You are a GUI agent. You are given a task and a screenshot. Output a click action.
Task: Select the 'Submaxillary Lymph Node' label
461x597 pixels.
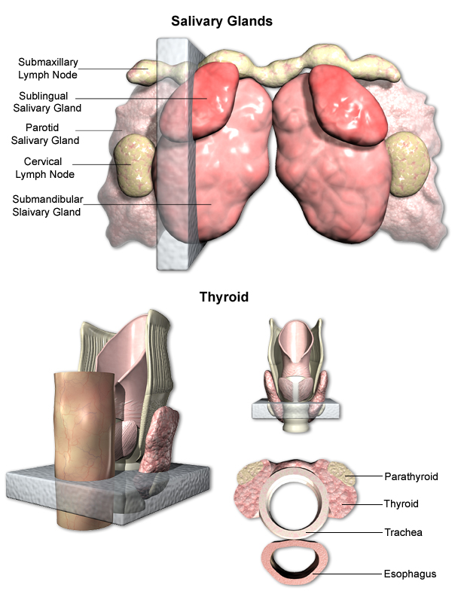pyautogui.click(x=47, y=68)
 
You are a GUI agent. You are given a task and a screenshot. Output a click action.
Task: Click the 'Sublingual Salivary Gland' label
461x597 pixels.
pyautogui.click(x=45, y=102)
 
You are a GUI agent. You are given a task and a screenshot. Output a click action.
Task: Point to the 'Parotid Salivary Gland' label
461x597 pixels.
pyautogui.click(x=45, y=133)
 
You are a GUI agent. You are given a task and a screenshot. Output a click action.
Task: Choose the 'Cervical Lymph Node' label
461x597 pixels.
pyautogui.click(x=44, y=167)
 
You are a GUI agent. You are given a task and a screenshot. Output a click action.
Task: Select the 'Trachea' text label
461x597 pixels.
pyautogui.click(x=403, y=532)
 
